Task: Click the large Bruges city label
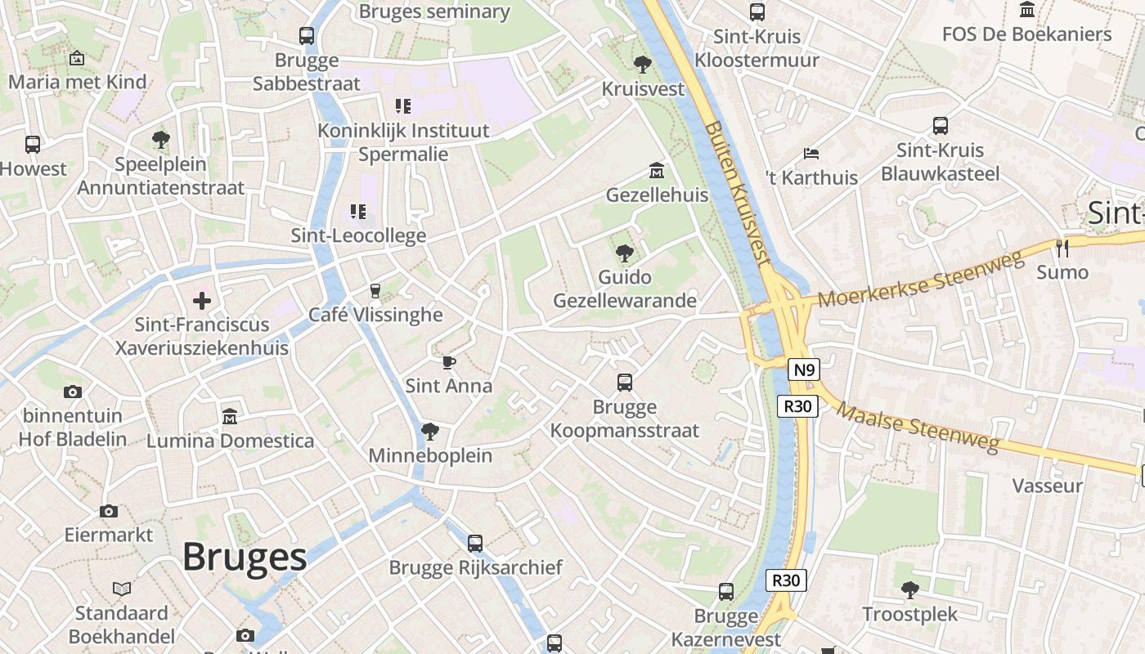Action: pos(244,558)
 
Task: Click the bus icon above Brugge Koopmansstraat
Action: pos(625,382)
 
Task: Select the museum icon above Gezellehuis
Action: pos(656,171)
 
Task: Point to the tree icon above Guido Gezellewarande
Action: pos(625,253)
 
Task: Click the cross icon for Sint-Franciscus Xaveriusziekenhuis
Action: pos(202,301)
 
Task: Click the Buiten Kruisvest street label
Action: pos(737,195)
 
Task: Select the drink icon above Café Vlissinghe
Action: pos(375,291)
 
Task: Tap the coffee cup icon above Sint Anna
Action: pos(448,362)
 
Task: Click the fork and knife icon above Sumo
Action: pos(1062,249)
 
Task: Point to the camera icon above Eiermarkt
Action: pos(109,511)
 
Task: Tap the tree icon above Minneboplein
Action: pos(429,432)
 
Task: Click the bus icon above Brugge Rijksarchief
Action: pos(475,543)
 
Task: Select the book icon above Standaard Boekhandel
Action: pos(122,589)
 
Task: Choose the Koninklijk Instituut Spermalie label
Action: pos(403,142)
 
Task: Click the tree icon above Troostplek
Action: pos(909,589)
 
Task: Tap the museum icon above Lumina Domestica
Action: pos(230,416)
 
